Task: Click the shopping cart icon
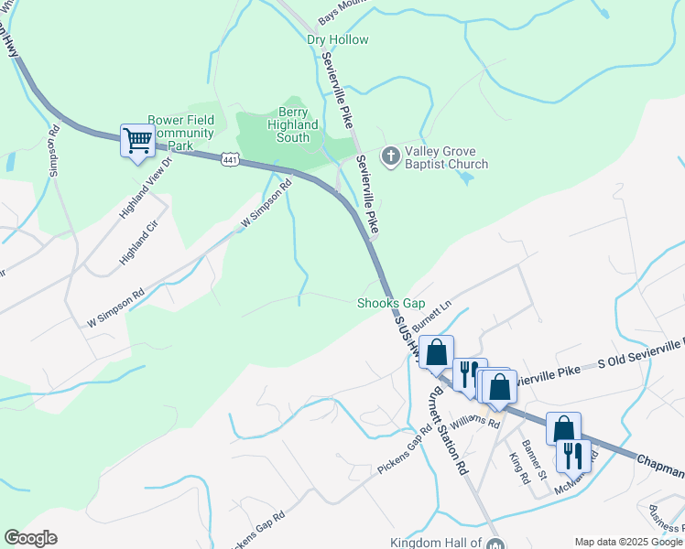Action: [137, 142]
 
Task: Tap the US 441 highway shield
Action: [231, 159]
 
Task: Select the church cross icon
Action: [390, 156]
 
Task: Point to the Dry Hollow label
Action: [338, 40]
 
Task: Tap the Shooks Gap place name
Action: [391, 303]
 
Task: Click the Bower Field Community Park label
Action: [181, 132]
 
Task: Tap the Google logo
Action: [30, 538]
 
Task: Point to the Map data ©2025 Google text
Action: [628, 542]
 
